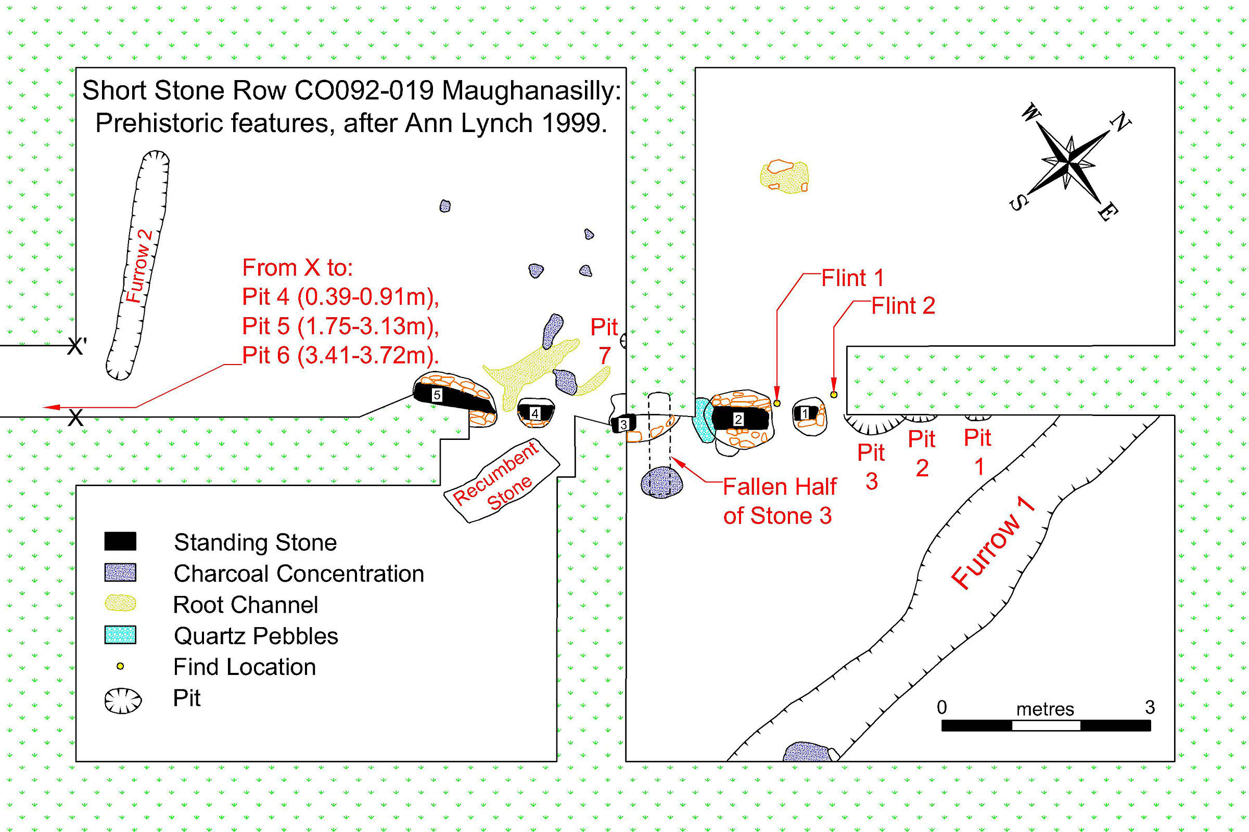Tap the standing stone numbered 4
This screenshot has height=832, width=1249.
coord(536,413)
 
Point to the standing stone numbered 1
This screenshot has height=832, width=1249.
coord(805,413)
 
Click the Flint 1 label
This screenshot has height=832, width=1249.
coord(852,278)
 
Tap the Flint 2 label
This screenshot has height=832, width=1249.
coord(903,306)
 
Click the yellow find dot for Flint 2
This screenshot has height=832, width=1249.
coord(834,394)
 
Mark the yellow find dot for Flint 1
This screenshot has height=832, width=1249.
coord(777,404)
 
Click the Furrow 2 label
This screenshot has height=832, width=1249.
coord(139,266)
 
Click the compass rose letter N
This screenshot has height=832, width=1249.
coord(1119,122)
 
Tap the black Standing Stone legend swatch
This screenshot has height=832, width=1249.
coord(120,542)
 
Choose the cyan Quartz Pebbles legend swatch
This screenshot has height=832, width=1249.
coord(120,634)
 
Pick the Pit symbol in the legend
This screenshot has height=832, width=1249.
coord(123,700)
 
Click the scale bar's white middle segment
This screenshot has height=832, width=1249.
coord(1046,725)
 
